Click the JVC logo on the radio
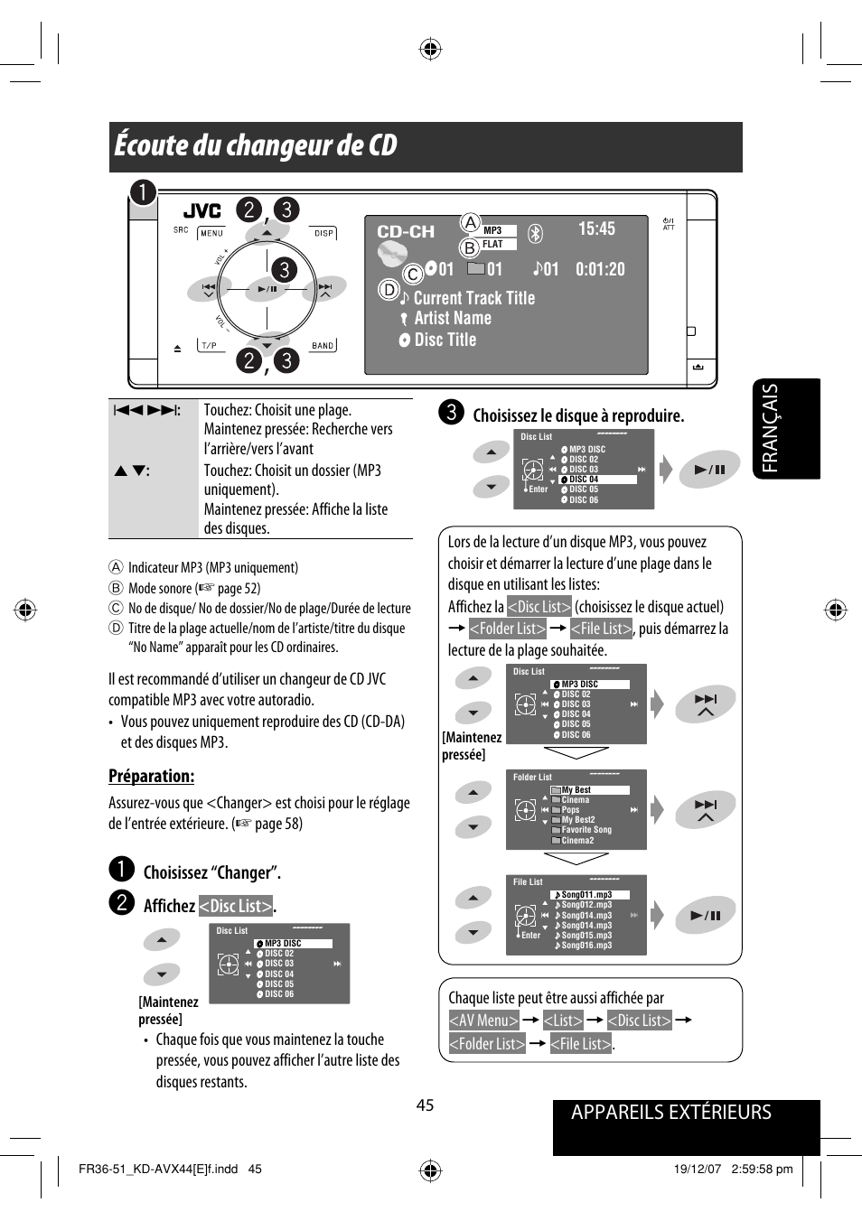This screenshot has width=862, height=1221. point(201,211)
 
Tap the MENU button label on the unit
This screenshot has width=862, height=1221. point(211,233)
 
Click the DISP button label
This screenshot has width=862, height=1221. point(323,233)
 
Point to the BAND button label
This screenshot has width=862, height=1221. point(323,346)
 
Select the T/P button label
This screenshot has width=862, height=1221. point(210,346)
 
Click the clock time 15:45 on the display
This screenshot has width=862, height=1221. point(596,229)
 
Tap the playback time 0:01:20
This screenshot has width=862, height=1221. point(600,269)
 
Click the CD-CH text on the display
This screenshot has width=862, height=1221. point(406,232)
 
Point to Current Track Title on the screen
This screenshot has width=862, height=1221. point(473,298)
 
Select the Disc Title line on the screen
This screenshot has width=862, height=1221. point(445,340)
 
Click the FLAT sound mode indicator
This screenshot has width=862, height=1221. point(492,245)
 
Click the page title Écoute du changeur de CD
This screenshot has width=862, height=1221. point(256,146)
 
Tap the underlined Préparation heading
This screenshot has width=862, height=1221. point(151,776)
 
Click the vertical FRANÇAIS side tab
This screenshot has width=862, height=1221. point(770,428)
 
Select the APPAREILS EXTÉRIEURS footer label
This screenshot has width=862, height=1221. point(670,1113)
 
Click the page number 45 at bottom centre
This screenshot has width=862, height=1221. point(425,1105)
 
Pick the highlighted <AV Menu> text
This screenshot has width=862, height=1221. point(483,1021)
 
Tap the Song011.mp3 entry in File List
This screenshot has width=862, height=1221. point(586,895)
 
